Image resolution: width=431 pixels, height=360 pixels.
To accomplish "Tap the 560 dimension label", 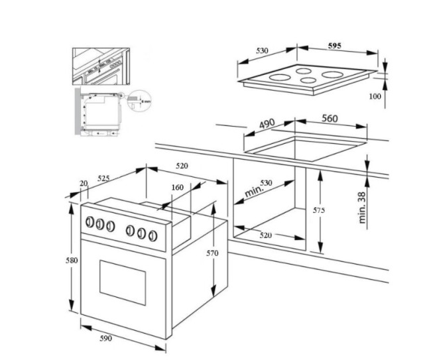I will [330, 119].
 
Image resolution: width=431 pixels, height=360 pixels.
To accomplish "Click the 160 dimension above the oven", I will [177, 187].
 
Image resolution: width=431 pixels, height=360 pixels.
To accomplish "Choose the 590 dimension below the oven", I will [106, 339].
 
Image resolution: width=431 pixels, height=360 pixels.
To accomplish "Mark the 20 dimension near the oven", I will [83, 183].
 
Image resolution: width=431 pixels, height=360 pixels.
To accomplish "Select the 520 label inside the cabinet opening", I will [265, 235].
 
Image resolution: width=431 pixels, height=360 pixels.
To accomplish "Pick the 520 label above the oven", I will [182, 166].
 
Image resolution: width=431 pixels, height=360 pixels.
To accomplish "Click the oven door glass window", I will [122, 281].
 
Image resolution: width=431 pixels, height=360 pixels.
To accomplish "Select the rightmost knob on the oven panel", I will [153, 235].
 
